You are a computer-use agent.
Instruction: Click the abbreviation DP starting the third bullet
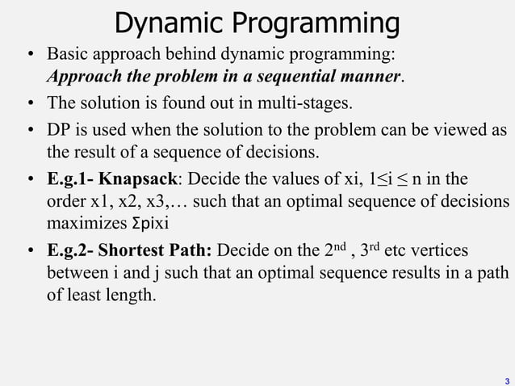tap(59, 130)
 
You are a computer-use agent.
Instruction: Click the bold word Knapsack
tap(138, 178)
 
